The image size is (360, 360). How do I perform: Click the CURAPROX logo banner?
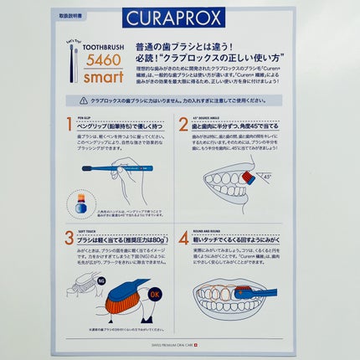(x=179, y=18)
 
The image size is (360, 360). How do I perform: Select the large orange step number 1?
(x=70, y=126)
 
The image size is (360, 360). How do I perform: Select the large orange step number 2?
(x=183, y=126)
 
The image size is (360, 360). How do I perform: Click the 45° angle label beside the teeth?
(x=266, y=177)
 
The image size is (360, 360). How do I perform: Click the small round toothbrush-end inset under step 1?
(x=80, y=203)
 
